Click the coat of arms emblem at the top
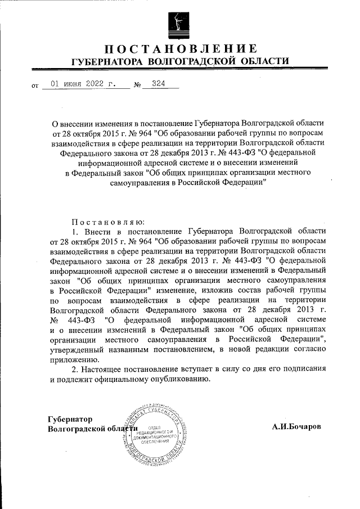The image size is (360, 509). coord(179,22)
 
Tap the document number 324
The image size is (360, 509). coord(151,84)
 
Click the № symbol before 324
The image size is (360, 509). coord(136,86)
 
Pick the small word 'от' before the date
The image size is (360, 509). coord(35,87)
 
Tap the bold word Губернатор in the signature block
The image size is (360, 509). coord(70,420)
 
